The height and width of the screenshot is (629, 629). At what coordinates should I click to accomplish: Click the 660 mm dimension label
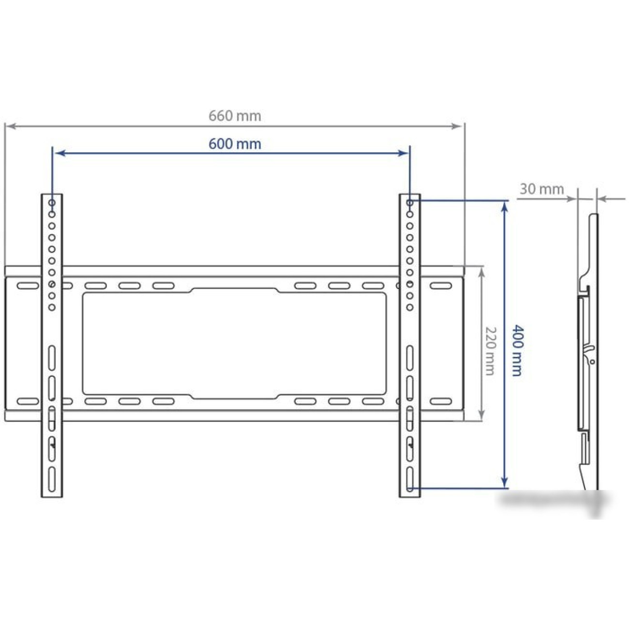coord(235,116)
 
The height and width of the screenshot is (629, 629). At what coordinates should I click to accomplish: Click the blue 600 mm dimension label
coord(235,144)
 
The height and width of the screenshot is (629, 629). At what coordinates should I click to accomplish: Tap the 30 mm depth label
coord(541,189)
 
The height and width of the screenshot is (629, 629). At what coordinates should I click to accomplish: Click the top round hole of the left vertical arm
coord(52,203)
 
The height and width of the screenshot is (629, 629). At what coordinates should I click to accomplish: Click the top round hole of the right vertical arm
coord(410,203)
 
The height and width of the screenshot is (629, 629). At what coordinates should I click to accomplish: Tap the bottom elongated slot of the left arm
coord(52,479)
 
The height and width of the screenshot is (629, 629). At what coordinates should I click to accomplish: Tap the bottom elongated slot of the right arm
coord(410,479)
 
